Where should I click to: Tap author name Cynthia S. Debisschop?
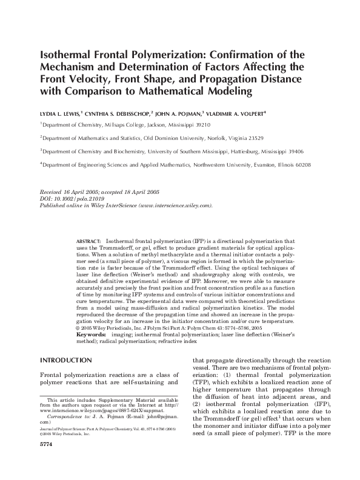121,113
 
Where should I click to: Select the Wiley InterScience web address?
175,205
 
